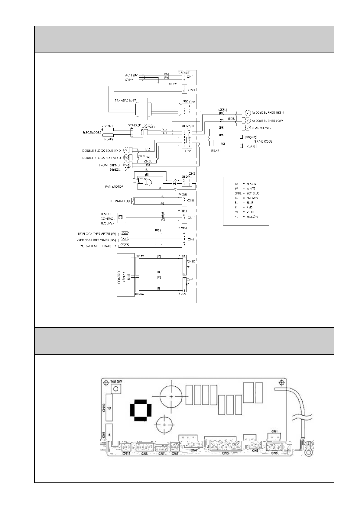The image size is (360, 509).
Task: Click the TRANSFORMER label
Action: click(125, 100)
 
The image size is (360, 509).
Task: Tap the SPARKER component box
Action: click(137, 132)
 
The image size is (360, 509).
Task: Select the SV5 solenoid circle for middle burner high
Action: click(248, 113)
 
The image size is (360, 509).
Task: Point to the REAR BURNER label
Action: click(261, 128)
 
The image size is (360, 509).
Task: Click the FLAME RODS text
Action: click(263, 141)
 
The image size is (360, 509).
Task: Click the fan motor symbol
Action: click(143, 181)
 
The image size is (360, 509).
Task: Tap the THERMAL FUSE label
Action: click(120, 201)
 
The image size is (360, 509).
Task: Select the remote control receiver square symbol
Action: click(121, 217)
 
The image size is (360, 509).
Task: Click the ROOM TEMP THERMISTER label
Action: click(98, 246)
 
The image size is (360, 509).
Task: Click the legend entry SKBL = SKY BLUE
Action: click(247, 193)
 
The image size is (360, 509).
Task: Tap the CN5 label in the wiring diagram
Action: click(189, 151)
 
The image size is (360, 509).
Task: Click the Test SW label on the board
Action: click(116, 382)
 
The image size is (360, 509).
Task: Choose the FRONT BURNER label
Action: click(109, 165)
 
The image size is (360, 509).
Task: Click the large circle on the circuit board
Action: click(171, 396)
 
